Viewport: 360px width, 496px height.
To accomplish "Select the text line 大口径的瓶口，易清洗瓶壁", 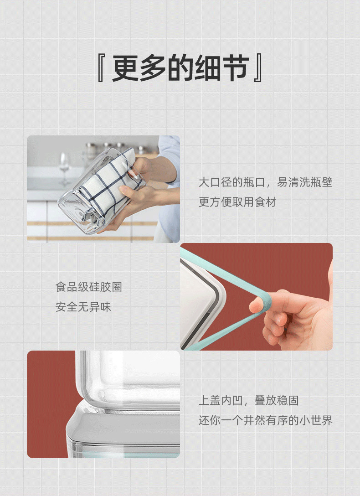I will pos(265,183).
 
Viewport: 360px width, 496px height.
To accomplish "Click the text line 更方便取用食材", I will pos(237,202).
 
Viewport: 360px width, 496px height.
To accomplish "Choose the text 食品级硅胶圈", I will pos(89,287).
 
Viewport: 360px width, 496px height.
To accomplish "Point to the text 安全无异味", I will pos(83,307).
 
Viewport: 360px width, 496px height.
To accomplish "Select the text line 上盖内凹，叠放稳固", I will pos(248,401).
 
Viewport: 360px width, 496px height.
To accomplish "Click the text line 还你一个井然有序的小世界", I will pos(265,420).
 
